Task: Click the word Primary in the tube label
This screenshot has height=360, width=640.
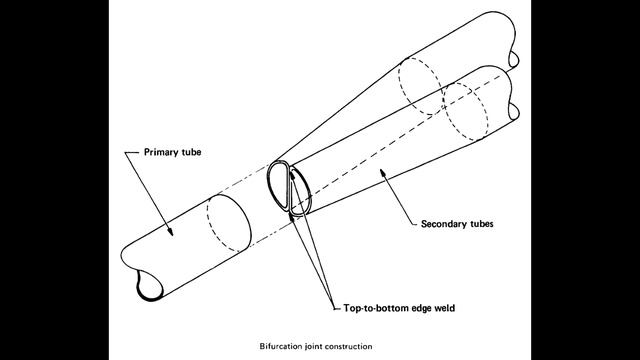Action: [x=152, y=155]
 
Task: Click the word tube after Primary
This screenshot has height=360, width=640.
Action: [x=187, y=155]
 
